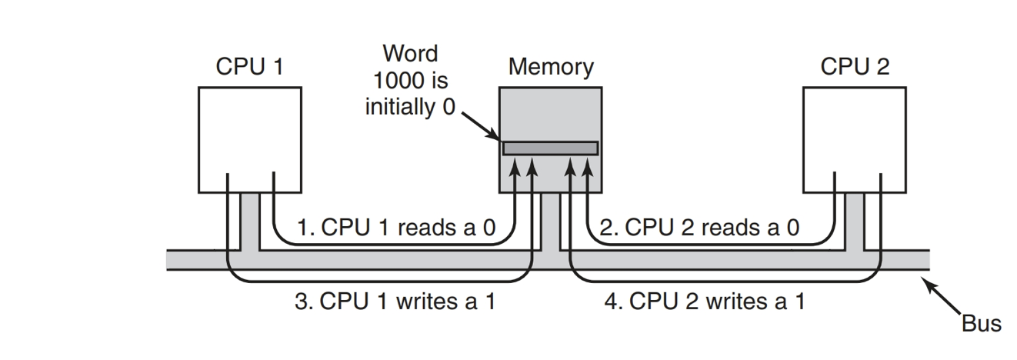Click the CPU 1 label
pos(248,67)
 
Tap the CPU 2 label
pos(854,67)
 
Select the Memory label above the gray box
pos(550,67)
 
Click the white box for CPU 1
pos(249,138)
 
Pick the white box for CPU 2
pos(854,138)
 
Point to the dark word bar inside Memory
pos(550,148)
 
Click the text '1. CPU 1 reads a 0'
pos(395,228)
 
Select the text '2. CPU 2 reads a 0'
pos(700,228)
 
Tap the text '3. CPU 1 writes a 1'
pos(395,302)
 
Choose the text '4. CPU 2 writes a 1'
pos(705,302)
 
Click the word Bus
pos(981,323)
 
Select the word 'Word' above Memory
pos(410,54)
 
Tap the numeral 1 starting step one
pos(302,228)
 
